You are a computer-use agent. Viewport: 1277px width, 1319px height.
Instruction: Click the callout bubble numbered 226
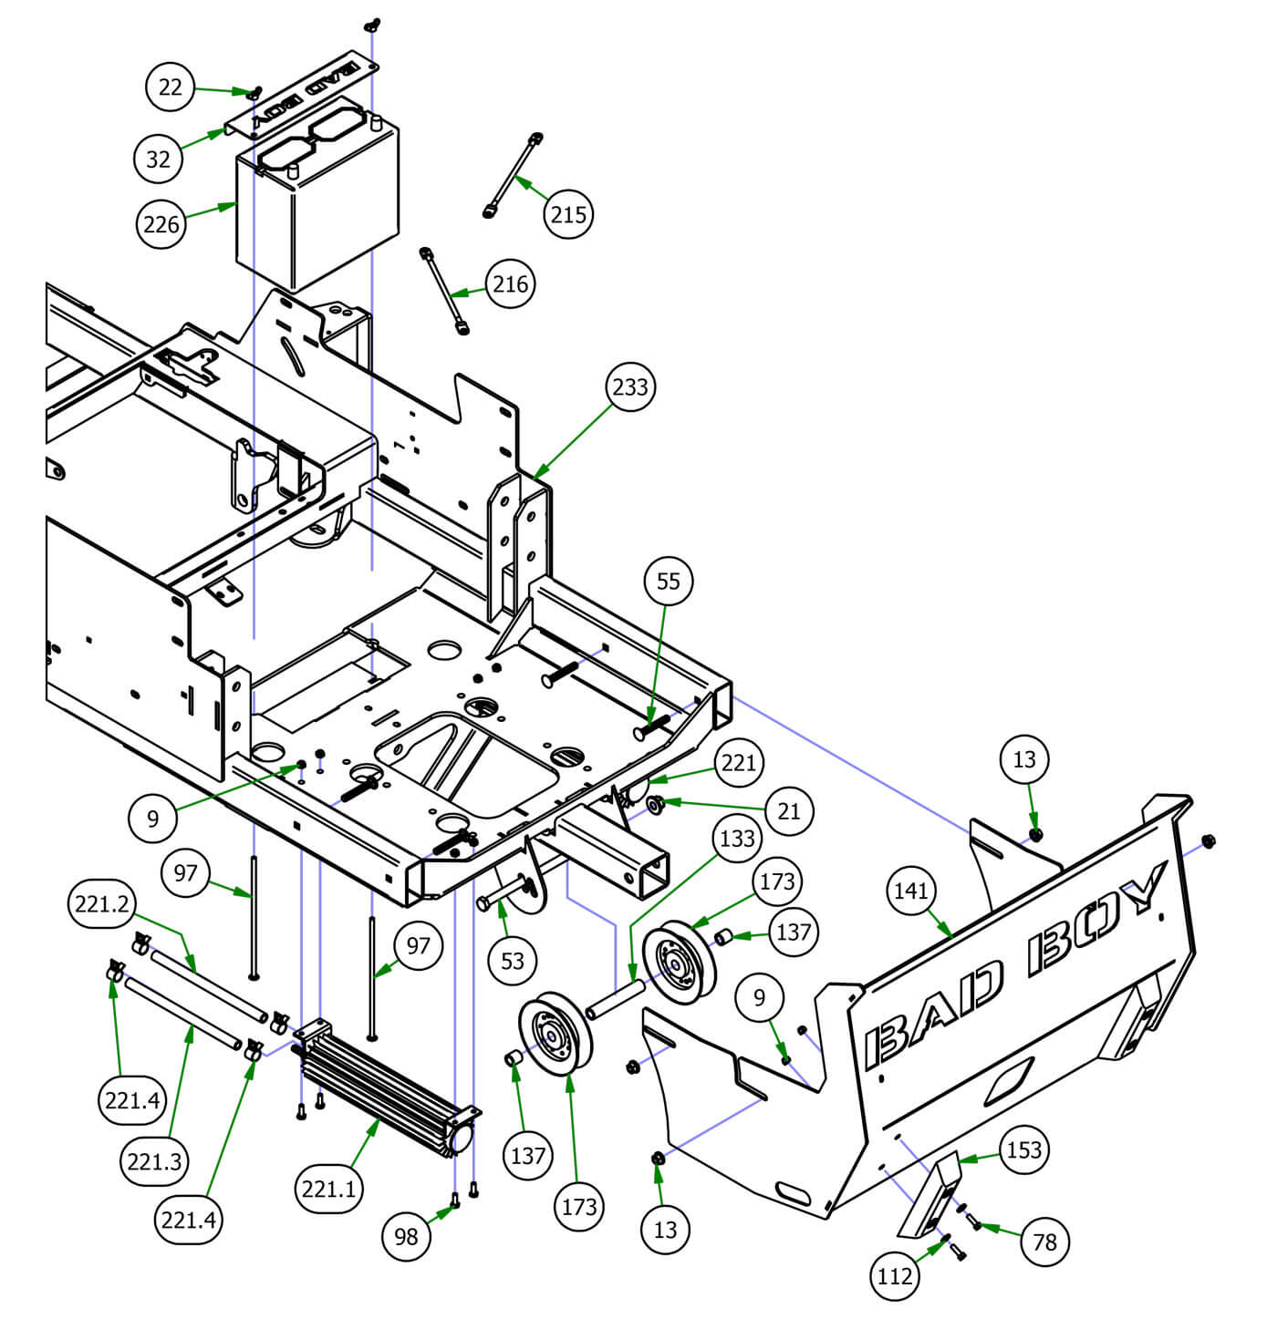pyautogui.click(x=161, y=223)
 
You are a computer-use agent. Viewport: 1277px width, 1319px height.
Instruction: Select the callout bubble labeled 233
pyautogui.click(x=630, y=386)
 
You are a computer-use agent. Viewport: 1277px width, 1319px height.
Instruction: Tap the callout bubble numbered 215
pyautogui.click(x=568, y=214)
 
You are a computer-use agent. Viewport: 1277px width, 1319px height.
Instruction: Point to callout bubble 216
pyautogui.click(x=510, y=283)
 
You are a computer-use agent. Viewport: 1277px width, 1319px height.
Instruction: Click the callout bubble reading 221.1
pyautogui.click(x=329, y=1190)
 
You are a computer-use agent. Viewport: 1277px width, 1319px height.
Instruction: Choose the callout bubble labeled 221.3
pyautogui.click(x=154, y=1161)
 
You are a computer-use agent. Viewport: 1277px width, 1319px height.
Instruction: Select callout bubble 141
pyautogui.click(x=911, y=891)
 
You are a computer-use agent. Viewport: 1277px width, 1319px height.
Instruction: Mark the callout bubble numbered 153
pyautogui.click(x=1023, y=1149)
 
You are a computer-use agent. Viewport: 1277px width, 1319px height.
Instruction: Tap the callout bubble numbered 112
pyautogui.click(x=894, y=1276)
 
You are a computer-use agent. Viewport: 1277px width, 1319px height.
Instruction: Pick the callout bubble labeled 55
pyautogui.click(x=669, y=581)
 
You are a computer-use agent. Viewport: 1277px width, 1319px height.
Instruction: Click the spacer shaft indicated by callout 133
pyautogui.click(x=617, y=998)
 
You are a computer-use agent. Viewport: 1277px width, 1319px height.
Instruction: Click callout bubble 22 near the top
pyautogui.click(x=171, y=87)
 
